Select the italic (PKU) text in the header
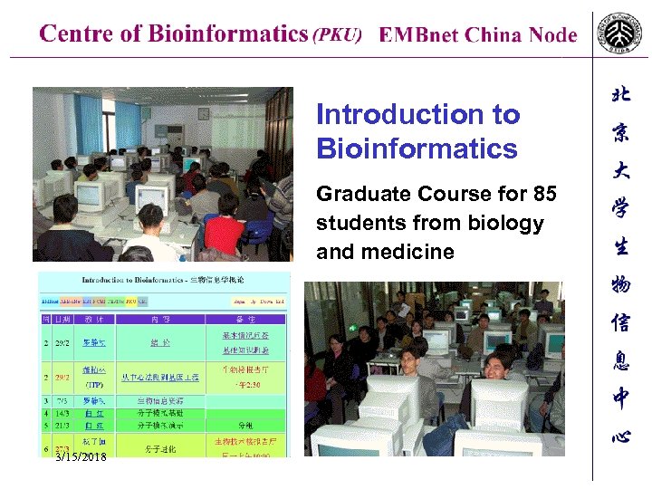337,35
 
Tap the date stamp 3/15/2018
80,456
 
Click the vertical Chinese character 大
620,170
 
